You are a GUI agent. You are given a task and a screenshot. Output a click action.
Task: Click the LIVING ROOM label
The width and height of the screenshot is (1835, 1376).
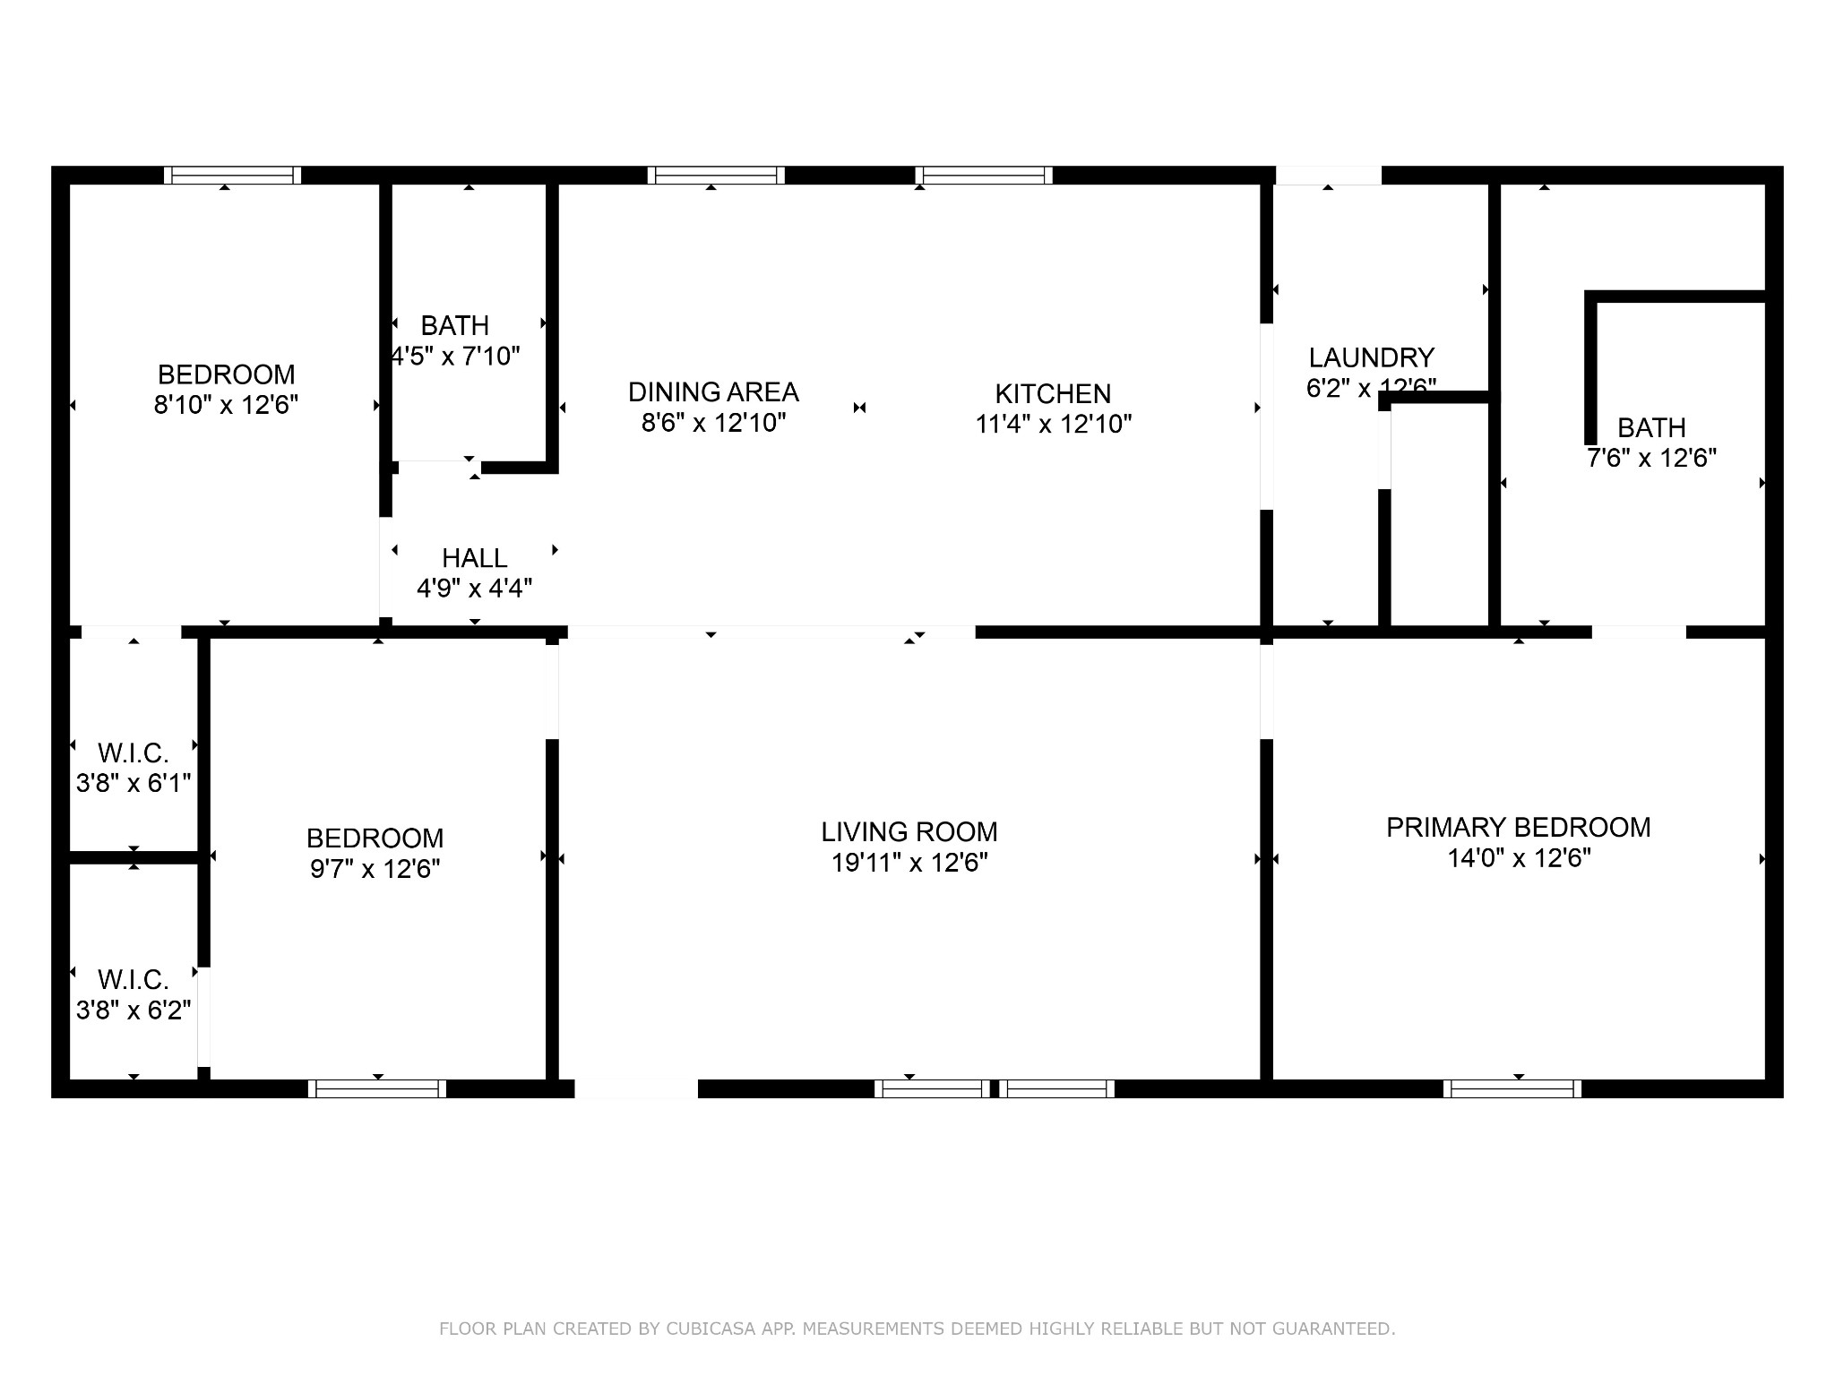(x=909, y=832)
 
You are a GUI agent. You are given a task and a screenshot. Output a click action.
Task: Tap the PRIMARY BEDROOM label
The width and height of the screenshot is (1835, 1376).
(x=1518, y=828)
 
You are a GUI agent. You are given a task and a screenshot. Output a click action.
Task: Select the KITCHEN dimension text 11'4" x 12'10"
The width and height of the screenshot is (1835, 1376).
(x=1053, y=424)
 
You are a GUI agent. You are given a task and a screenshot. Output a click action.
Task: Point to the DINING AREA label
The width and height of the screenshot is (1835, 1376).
(x=713, y=392)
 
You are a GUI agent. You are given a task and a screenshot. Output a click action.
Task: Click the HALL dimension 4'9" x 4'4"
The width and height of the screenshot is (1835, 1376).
(x=474, y=589)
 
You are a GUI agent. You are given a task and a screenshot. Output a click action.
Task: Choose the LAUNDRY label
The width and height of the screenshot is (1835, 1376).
(x=1371, y=358)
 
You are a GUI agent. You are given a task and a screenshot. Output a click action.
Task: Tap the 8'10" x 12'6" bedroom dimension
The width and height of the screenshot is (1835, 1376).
(x=226, y=405)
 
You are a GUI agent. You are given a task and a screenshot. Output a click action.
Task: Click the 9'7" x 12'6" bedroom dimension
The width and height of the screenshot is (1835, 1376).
(x=375, y=869)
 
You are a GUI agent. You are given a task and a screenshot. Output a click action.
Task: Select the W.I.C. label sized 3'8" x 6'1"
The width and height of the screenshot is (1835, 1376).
(x=133, y=752)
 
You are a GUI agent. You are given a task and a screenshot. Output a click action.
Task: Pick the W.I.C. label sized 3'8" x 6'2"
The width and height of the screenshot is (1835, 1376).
(x=133, y=979)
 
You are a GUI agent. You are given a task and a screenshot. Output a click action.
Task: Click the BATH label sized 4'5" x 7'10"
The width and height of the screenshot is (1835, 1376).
(x=454, y=325)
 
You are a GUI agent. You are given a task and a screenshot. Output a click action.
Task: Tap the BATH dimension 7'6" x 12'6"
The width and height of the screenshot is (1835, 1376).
(x=1650, y=459)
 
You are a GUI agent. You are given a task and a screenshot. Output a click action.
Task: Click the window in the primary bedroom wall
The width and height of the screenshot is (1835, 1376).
(x=1512, y=1088)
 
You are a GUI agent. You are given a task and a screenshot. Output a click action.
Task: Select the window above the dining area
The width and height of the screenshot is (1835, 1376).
(x=716, y=176)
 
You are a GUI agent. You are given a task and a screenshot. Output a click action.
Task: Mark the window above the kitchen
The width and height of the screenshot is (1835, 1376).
(x=983, y=176)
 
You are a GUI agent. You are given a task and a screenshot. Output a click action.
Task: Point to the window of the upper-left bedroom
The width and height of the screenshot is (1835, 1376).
(x=232, y=176)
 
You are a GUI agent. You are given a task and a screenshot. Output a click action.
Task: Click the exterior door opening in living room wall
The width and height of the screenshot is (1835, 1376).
(x=635, y=1088)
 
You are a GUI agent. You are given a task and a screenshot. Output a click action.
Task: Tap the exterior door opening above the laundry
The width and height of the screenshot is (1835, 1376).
(x=1328, y=176)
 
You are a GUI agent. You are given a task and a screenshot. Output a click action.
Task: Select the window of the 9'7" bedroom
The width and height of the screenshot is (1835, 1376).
(x=377, y=1088)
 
